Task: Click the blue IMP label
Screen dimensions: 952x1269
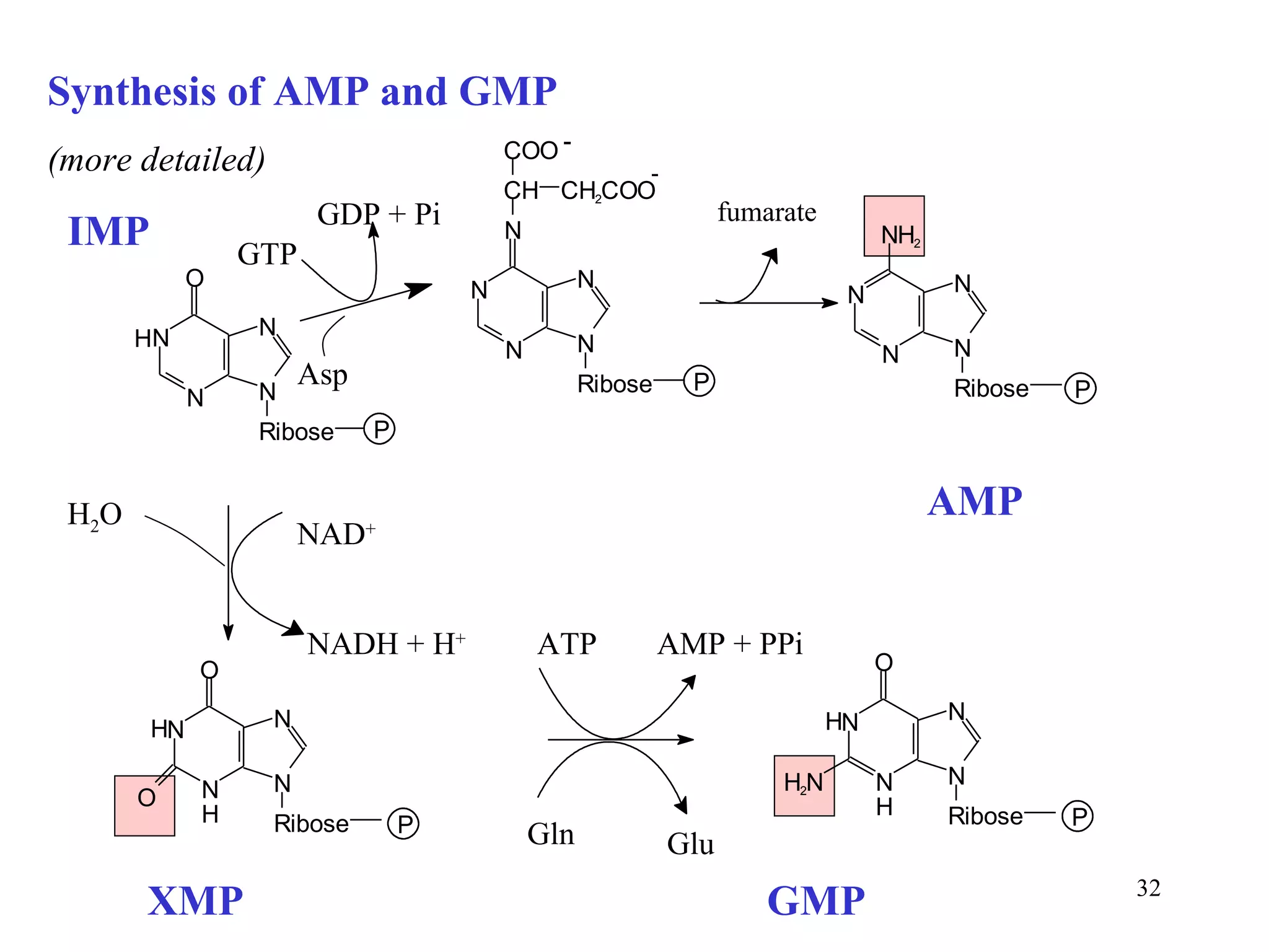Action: click(108, 231)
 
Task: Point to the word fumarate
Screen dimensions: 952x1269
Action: click(766, 213)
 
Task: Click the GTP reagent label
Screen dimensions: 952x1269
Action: click(267, 254)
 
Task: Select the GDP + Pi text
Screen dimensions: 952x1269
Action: click(379, 214)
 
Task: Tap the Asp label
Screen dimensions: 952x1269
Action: click(322, 374)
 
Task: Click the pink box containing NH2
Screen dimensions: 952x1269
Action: click(894, 226)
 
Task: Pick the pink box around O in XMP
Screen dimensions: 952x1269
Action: click(144, 805)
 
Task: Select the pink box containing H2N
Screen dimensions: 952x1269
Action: click(804, 785)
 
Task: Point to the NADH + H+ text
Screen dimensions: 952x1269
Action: click(386, 644)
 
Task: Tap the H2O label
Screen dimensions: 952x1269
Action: click(94, 515)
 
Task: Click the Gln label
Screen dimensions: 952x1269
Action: click(550, 834)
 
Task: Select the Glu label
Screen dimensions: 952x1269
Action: click(690, 844)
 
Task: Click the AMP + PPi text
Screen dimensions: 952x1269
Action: click(730, 644)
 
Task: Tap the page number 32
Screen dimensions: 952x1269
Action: click(1148, 888)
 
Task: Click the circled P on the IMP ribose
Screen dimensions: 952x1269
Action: click(379, 429)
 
